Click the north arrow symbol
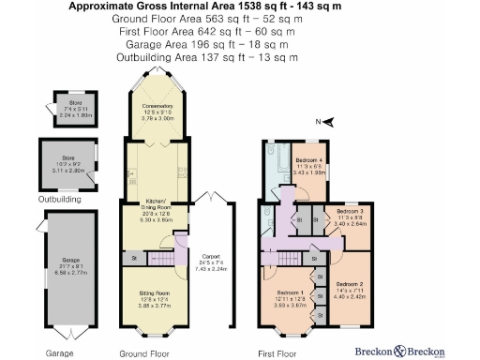pyautogui.click(x=330, y=122)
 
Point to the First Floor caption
pyautogui.click(x=277, y=353)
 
